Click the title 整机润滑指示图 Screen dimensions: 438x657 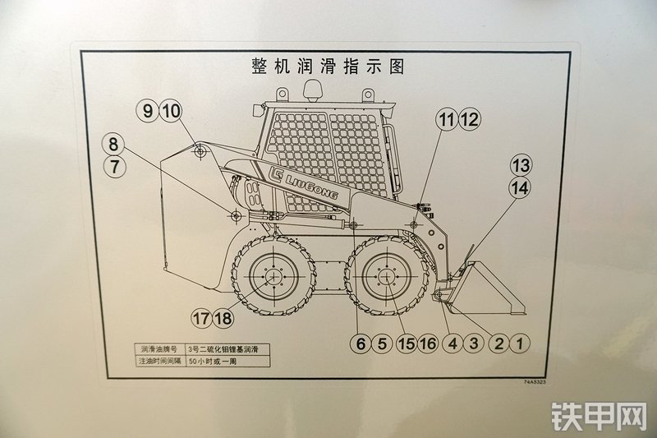[328, 67]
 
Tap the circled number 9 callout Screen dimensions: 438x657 [148, 112]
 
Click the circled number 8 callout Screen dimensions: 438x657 [114, 144]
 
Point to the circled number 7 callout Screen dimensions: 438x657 [114, 166]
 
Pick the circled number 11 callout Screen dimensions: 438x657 [446, 119]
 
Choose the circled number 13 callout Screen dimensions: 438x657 [521, 164]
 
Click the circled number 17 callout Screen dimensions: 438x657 [201, 318]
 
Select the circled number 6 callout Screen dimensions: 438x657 [360, 343]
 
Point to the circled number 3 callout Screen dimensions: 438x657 [473, 343]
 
